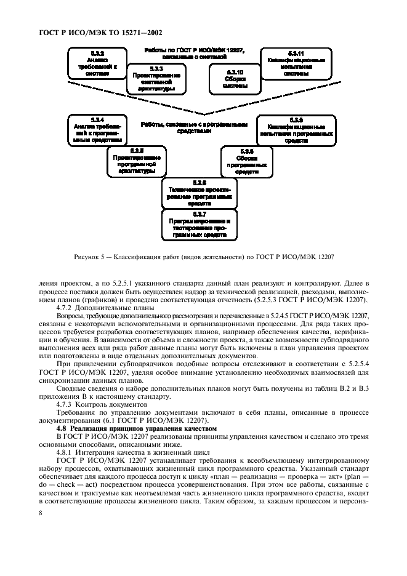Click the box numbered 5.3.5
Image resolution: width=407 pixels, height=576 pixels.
[x=137, y=161]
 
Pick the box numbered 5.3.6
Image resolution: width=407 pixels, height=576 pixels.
[x=199, y=193]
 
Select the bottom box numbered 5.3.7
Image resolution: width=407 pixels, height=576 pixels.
[x=199, y=225]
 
